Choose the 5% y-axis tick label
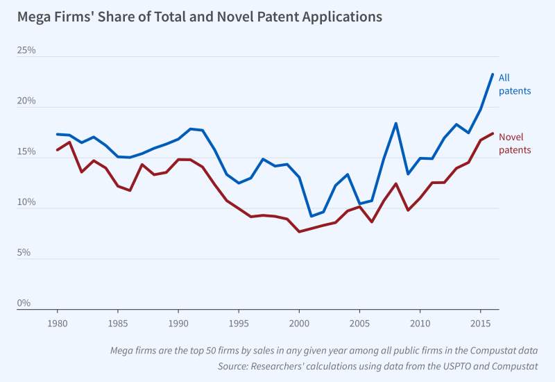tap(24, 253)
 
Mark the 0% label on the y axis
tap(24, 304)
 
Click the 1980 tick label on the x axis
tap(58, 324)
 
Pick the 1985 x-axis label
tap(118, 324)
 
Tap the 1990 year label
tap(178, 324)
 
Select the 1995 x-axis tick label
tap(239, 324)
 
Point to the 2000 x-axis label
tap(299, 324)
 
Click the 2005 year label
tap(359, 324)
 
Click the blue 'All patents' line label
tap(515, 84)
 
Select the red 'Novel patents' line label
tap(515, 143)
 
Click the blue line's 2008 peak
tap(395, 124)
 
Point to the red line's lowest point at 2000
tap(299, 231)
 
